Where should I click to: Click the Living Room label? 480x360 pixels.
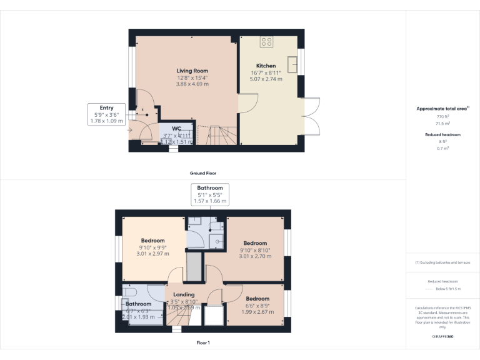pos(192,71)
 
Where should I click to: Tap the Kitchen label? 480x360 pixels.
pos(266,66)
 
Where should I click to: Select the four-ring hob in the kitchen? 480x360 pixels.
pos(266,42)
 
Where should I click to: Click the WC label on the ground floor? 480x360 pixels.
pos(176,128)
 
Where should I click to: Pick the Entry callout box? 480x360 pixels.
pos(106,114)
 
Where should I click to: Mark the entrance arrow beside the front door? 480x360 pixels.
pos(129,131)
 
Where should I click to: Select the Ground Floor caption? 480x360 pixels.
pos(203,173)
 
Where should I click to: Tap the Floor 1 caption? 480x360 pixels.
pos(203,343)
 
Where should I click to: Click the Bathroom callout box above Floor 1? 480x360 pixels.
pos(210,194)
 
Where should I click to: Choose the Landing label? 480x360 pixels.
pos(184,294)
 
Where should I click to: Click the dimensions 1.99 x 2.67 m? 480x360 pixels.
pos(257,312)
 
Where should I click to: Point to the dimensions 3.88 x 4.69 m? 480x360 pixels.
pos(192,84)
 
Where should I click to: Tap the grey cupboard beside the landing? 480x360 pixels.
pos(194,267)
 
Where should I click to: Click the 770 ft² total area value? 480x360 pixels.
pos(443,117)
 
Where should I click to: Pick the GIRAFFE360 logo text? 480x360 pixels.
pos(443,337)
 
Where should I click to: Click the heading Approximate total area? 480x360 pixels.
pos(442,109)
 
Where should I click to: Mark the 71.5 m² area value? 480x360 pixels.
pos(443,124)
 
